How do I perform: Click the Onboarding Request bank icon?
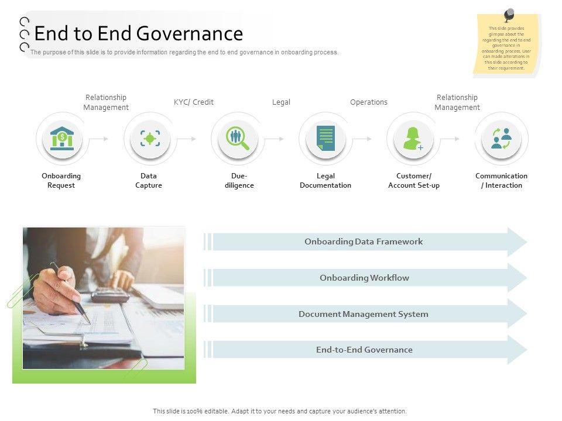[62, 139]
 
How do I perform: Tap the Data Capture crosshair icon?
[150, 139]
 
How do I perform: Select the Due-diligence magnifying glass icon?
[238, 139]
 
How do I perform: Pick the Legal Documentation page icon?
[325, 139]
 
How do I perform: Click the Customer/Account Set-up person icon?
[413, 139]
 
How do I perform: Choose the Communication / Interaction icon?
[501, 139]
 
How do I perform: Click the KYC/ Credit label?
[194, 102]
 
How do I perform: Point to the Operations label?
[369, 102]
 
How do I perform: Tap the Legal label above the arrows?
[281, 102]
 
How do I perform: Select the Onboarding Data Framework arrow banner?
[364, 241]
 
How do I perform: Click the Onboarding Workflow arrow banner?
[364, 278]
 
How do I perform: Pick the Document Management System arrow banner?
[364, 314]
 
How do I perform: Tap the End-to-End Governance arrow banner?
[364, 350]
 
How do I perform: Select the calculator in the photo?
[110, 295]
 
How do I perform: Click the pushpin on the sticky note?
[509, 14]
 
